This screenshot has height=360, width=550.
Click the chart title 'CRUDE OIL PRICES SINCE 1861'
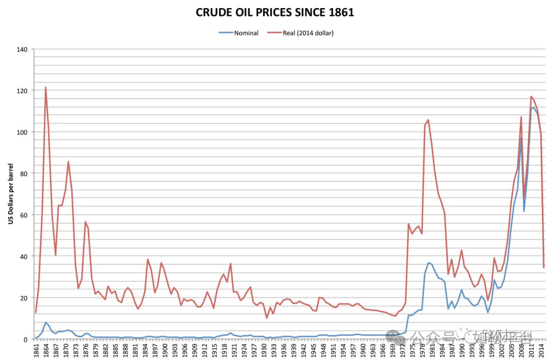click(x=274, y=13)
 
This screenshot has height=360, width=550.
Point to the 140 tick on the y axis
click(x=23, y=49)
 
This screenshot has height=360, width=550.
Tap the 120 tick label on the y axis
click(x=23, y=90)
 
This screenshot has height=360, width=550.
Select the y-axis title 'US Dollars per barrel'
click(x=10, y=194)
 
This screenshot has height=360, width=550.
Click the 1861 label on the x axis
click(x=37, y=350)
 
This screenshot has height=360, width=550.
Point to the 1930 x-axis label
click(x=263, y=350)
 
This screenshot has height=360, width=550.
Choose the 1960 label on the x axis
click(x=362, y=350)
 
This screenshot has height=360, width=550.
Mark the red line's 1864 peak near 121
click(x=45, y=87)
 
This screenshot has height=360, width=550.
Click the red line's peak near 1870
click(x=68, y=161)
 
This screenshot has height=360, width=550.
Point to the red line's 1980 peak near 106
click(x=428, y=120)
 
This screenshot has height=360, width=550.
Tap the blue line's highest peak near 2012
click(x=533, y=107)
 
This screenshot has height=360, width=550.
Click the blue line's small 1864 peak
click(x=45, y=322)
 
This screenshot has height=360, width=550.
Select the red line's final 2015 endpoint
click(x=543, y=268)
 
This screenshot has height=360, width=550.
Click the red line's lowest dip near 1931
click(x=266, y=318)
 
